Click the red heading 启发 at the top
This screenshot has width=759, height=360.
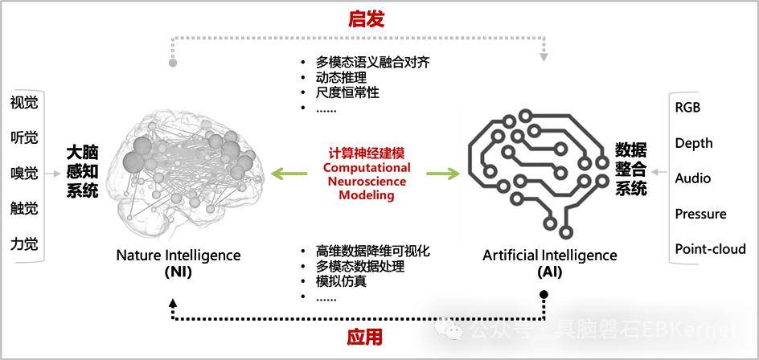pos(366,18)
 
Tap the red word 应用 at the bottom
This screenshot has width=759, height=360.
pos(364,337)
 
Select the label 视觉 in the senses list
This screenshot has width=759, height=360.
pos(24,103)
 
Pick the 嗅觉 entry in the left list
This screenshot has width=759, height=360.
pos(24,174)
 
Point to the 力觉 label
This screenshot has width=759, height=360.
pos(24,243)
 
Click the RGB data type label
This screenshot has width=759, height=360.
pos(688,108)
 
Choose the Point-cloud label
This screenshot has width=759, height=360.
pos(710,249)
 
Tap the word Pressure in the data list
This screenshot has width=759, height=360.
pos(700,214)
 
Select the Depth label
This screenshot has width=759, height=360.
pos(694,143)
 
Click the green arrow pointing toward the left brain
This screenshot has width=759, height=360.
pos(289,174)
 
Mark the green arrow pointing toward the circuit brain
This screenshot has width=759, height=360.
pos(443,174)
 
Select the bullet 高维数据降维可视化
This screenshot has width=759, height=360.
pos(373,252)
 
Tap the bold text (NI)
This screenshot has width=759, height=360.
pos(178,272)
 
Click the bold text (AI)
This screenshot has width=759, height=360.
pos(550,272)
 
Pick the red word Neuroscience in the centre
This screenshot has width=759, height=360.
pos(367,182)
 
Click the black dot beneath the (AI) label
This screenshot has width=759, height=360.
pos(544,294)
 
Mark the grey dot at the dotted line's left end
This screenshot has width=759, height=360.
pos(172,63)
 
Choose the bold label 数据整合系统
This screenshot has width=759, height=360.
pos(630,170)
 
